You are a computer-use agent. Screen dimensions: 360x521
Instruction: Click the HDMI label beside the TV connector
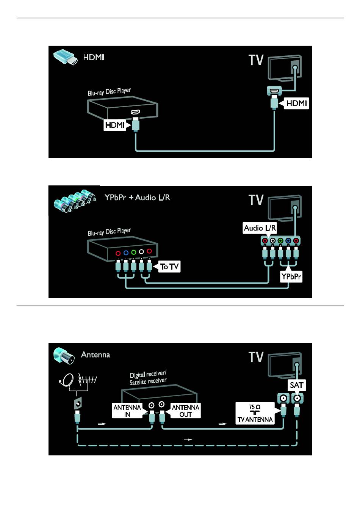click(x=296, y=103)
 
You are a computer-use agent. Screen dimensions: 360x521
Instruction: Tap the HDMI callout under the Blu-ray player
click(x=114, y=125)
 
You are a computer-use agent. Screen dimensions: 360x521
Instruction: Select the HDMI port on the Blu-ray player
click(x=135, y=112)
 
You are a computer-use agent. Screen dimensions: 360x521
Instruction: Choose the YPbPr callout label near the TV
click(x=291, y=276)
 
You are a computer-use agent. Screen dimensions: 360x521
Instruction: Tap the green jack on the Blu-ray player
click(x=133, y=252)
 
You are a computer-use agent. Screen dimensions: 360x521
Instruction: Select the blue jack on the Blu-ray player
click(x=126, y=253)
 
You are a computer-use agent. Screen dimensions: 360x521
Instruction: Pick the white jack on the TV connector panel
click(x=272, y=240)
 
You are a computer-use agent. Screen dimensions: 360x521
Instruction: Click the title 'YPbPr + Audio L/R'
click(x=137, y=198)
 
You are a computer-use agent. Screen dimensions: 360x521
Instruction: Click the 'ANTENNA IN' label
click(x=127, y=411)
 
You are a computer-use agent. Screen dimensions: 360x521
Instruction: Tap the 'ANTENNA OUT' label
click(x=185, y=411)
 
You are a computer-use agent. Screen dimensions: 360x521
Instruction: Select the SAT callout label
click(x=297, y=385)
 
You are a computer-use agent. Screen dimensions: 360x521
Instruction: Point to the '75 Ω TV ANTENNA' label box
click(x=255, y=413)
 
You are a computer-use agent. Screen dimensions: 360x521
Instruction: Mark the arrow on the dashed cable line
click(x=188, y=439)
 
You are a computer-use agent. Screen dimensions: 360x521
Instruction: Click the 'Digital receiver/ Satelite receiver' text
click(x=148, y=378)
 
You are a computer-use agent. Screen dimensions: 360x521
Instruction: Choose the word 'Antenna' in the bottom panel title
click(x=95, y=355)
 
